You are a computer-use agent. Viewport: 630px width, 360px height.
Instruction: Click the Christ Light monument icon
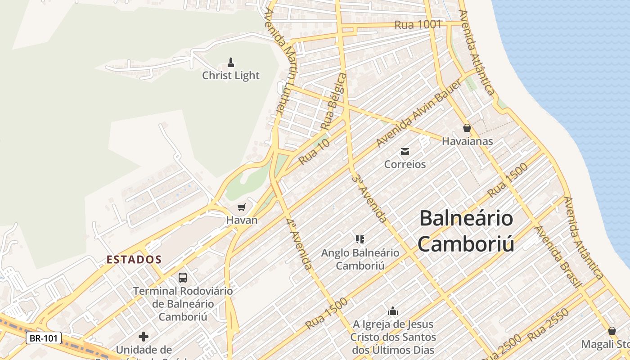point(231,62)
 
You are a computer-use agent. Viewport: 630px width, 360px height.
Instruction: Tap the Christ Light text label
point(231,75)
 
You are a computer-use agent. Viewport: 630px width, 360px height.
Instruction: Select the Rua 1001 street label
point(418,25)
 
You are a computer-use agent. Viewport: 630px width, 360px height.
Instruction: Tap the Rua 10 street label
point(314,151)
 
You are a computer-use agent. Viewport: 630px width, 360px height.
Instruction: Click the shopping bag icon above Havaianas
point(467,128)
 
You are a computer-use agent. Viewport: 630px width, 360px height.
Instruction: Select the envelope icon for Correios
point(405,151)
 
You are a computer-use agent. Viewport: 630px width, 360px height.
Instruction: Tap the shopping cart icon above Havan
point(242,207)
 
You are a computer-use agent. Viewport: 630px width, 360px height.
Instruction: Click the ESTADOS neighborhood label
point(134,260)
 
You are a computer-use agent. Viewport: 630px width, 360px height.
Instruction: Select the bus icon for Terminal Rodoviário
point(183,277)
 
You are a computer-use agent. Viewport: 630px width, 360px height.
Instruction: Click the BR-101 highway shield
point(44,338)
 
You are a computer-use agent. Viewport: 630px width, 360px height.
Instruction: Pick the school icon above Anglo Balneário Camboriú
point(360,239)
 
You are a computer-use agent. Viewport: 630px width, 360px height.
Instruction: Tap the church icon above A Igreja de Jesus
point(393,311)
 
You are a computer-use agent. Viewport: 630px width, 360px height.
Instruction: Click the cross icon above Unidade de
point(144,336)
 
